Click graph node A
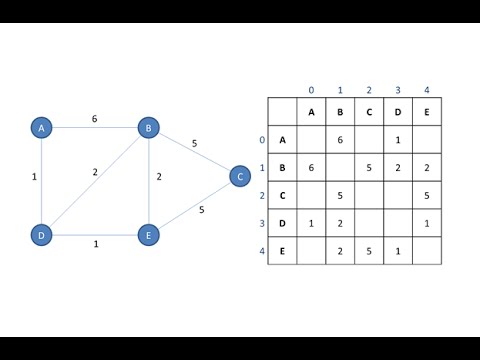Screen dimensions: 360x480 click(41, 128)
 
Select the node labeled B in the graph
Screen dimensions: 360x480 click(148, 128)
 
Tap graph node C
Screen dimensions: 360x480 click(239, 176)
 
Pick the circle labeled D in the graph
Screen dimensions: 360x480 click(41, 236)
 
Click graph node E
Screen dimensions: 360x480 click(148, 236)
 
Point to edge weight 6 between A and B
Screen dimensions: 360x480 click(94, 118)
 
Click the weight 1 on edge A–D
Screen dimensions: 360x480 click(33, 177)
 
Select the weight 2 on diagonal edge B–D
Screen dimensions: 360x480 click(95, 172)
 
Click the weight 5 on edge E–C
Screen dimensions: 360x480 click(201, 210)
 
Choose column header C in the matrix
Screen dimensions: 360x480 click(369, 112)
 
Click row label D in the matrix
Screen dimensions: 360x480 click(282, 223)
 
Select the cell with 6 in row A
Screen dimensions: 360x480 click(340, 140)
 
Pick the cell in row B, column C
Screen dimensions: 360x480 click(369, 168)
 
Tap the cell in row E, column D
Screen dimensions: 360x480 click(398, 251)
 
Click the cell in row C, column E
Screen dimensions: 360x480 click(426, 196)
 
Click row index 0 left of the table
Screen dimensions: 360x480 click(262, 140)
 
